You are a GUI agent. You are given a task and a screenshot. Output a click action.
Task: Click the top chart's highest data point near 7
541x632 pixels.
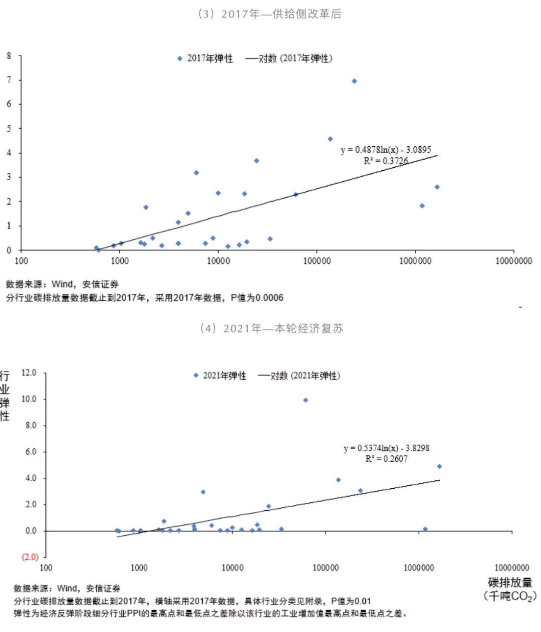[354, 81]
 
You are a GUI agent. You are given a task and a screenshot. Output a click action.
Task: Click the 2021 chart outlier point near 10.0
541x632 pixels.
[306, 400]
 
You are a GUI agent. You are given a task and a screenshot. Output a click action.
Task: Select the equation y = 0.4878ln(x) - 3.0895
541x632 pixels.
[386, 150]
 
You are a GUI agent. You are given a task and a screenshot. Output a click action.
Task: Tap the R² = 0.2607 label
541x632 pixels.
[386, 459]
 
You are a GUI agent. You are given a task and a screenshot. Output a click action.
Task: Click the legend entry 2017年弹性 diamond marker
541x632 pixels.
[180, 59]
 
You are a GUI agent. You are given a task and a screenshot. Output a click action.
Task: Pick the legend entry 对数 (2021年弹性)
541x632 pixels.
[299, 376]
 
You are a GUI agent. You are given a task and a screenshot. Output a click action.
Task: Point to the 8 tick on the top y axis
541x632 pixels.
[9, 56]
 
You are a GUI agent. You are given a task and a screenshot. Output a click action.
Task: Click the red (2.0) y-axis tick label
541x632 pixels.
[30, 557]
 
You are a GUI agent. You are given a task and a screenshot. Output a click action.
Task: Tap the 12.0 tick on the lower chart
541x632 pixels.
[29, 373]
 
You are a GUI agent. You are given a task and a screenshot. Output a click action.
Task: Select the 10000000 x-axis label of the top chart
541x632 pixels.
[513, 261]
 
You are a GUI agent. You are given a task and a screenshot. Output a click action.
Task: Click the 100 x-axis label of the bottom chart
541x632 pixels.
[46, 568]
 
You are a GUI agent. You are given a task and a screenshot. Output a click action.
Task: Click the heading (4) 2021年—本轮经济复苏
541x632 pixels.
[271, 329]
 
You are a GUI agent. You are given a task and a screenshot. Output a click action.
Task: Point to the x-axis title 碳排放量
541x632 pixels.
[510, 582]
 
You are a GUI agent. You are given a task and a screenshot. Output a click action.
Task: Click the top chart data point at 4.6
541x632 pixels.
[330, 139]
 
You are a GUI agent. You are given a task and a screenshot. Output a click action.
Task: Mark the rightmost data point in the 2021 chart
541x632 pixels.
[439, 466]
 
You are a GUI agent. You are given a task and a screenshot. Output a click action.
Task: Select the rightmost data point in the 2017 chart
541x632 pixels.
[437, 187]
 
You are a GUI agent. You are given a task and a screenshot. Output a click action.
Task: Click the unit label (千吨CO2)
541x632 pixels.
[510, 596]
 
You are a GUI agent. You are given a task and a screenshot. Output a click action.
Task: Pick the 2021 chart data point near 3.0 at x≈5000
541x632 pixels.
[203, 492]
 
